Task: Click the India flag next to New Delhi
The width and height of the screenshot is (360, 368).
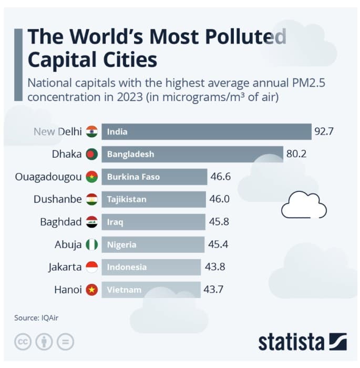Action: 92,131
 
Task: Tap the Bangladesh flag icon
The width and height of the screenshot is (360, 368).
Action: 92,154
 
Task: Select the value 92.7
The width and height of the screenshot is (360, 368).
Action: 324,131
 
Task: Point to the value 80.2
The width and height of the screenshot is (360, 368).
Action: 296,154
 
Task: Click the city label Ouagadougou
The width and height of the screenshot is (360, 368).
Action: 48,177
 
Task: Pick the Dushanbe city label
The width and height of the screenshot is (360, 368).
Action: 57,199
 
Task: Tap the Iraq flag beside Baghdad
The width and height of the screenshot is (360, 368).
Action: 92,222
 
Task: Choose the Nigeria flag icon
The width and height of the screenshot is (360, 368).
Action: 92,244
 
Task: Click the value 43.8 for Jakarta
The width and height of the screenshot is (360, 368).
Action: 215,267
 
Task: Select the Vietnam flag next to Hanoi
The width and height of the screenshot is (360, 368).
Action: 92,290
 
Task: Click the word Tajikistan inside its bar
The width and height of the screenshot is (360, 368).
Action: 127,200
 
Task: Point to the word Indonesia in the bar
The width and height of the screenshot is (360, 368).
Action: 127,267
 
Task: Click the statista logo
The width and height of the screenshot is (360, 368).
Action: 302,342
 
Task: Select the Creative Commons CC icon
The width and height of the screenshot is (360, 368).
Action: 23,342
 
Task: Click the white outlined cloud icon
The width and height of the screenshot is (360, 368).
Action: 304,206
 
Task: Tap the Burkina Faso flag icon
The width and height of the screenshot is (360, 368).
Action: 92,177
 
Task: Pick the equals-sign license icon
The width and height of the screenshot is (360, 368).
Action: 65,342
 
